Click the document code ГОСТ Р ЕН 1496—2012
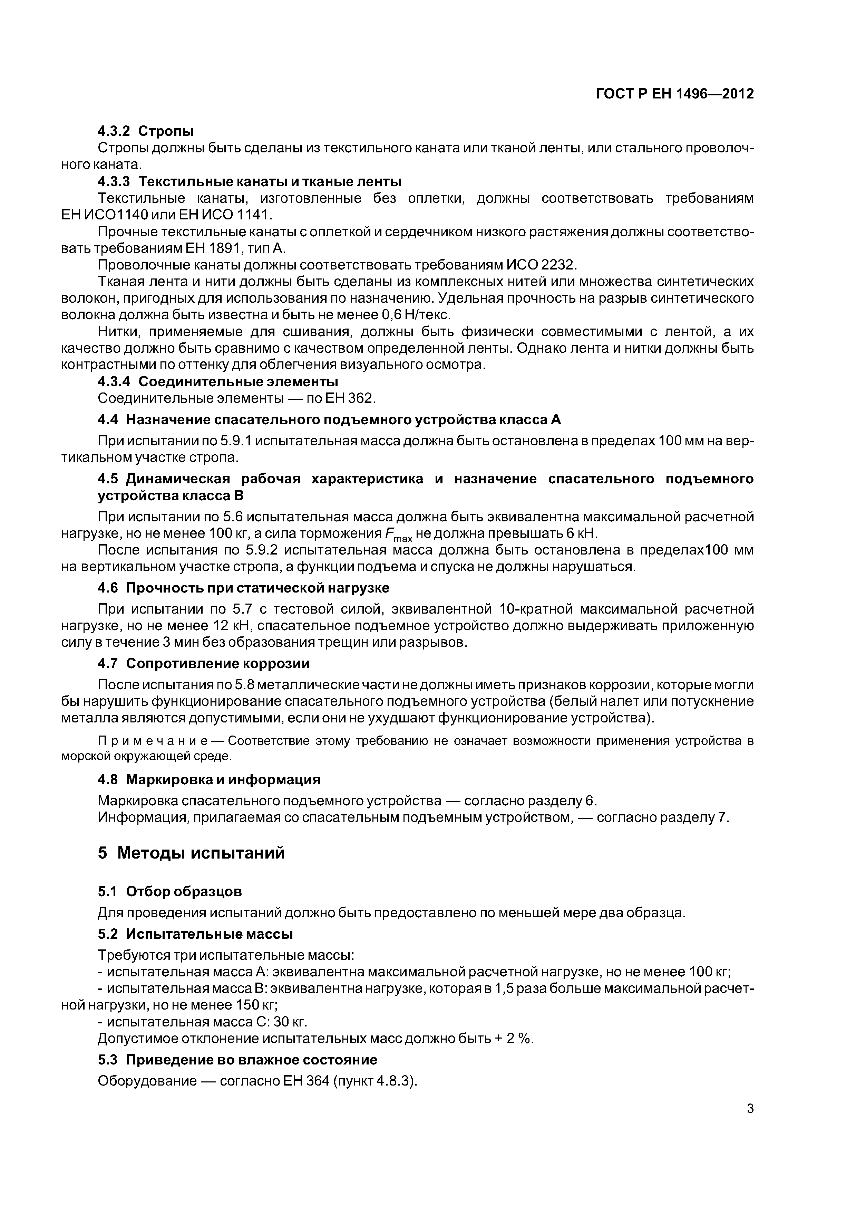[x=674, y=94]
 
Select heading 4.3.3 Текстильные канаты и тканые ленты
[x=250, y=182]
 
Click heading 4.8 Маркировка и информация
[x=209, y=779]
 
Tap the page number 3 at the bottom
[x=750, y=1109]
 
